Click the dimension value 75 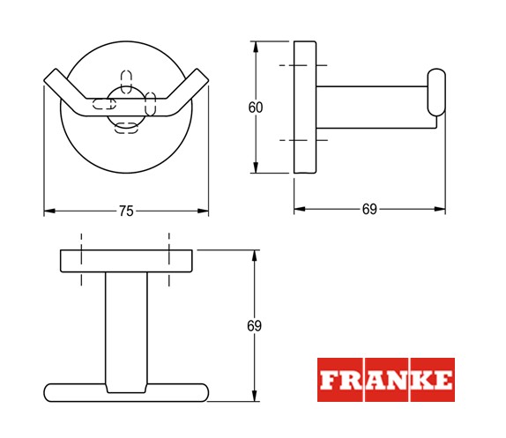[x=126, y=212]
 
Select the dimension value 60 [x=256, y=108]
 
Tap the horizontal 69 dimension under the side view [x=369, y=210]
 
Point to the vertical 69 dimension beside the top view [x=254, y=326]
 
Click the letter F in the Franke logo [x=328, y=380]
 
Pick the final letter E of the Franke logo [x=443, y=380]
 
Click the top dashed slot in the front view [x=126, y=82]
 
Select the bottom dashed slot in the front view [x=127, y=128]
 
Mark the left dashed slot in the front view [x=104, y=104]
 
